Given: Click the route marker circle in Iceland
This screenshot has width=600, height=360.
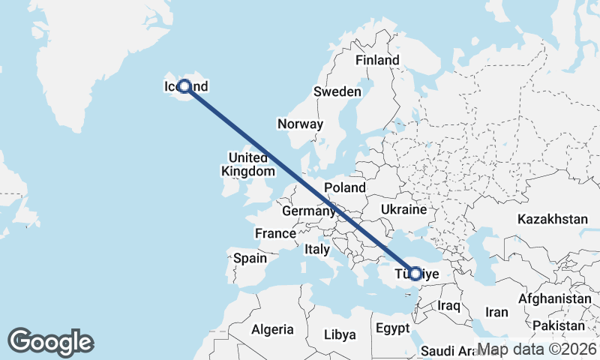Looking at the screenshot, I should click(184, 86).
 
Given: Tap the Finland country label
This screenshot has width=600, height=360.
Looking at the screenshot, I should click(377, 60).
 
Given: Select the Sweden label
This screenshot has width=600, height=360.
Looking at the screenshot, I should click(337, 91).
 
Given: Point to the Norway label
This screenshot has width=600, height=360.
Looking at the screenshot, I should click(300, 124).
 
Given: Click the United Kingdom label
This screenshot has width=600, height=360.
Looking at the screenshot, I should click(247, 164).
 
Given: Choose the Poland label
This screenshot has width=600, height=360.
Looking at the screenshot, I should click(344, 187).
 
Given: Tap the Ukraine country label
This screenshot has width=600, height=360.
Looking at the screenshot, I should click(403, 209).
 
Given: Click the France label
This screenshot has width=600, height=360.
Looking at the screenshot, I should click(275, 233).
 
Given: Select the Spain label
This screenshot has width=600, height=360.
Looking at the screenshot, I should click(250, 258).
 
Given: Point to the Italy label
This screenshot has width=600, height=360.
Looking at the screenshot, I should click(316, 249).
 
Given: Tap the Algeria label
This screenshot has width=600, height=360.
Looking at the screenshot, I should click(273, 330).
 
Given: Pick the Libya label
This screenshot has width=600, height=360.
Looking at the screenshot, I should click(340, 334).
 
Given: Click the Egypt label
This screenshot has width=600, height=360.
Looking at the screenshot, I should click(392, 328).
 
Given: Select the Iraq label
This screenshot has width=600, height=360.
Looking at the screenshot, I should click(448, 306).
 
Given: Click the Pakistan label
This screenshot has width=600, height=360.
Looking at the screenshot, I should click(559, 325).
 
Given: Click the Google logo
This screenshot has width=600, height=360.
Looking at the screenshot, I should click(51, 342).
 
